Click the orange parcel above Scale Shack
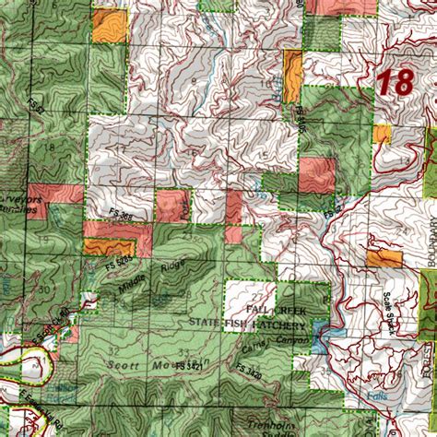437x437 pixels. pyautogui.click(x=384, y=257)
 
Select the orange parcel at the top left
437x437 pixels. pyautogui.click(x=110, y=25)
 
